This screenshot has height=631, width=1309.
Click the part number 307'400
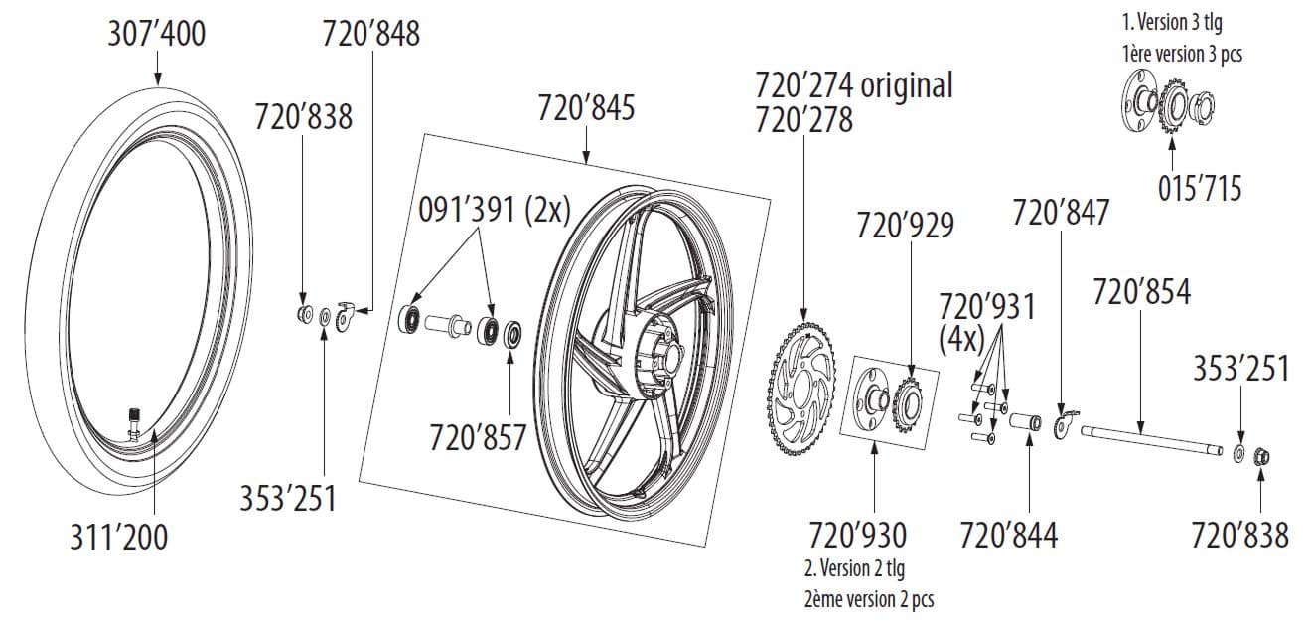(x=157, y=34)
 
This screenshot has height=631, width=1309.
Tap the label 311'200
(x=118, y=537)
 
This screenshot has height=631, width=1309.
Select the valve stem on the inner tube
(x=134, y=420)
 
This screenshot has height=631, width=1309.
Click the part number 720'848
(x=371, y=34)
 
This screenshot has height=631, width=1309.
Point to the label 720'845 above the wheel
(x=586, y=108)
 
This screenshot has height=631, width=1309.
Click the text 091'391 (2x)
(x=495, y=210)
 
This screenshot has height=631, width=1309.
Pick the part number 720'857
(x=478, y=437)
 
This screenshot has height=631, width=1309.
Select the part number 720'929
(x=905, y=226)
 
